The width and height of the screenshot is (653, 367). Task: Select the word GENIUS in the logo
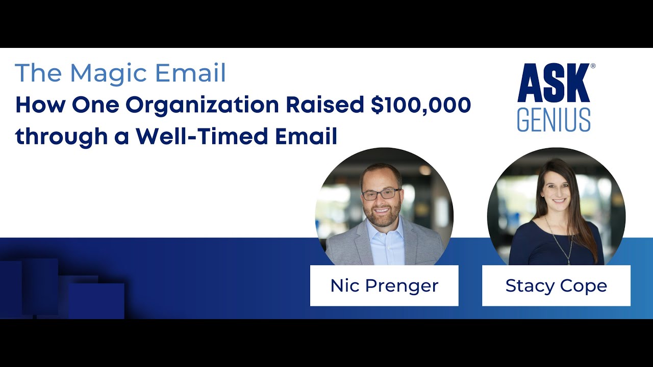(554, 120)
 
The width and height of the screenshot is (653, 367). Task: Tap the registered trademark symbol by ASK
(592, 66)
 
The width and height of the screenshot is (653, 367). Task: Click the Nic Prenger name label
(384, 285)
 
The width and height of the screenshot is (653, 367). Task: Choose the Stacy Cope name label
(556, 285)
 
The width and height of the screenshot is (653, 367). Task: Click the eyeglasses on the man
(381, 194)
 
